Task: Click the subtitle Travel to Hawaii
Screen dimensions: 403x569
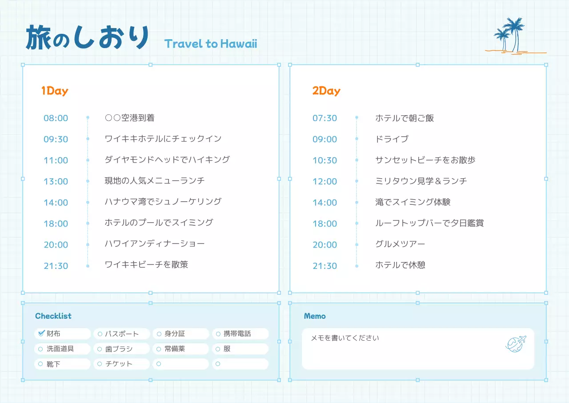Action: (211, 44)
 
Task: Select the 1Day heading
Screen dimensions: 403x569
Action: (55, 91)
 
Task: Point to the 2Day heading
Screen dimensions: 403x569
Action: (326, 91)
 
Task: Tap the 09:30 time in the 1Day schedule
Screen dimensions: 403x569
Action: (56, 139)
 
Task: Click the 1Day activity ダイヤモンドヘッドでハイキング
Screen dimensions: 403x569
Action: (167, 159)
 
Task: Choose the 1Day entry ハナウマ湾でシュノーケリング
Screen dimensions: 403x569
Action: (163, 202)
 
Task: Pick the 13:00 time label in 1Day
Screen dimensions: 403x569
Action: (56, 181)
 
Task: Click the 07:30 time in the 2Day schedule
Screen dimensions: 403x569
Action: (325, 118)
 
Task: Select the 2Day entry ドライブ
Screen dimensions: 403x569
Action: (392, 139)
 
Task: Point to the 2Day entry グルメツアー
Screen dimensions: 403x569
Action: (400, 244)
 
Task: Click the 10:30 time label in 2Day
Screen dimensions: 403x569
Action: (325, 160)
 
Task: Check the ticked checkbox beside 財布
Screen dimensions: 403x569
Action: (41, 333)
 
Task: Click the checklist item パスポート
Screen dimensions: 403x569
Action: (121, 334)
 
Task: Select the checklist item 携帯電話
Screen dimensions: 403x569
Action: (237, 334)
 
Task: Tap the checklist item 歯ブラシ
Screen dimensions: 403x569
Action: (119, 349)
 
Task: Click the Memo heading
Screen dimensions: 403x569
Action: (315, 316)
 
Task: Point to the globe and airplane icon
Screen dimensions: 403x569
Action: (516, 343)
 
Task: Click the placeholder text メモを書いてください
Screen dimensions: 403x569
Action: (345, 338)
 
